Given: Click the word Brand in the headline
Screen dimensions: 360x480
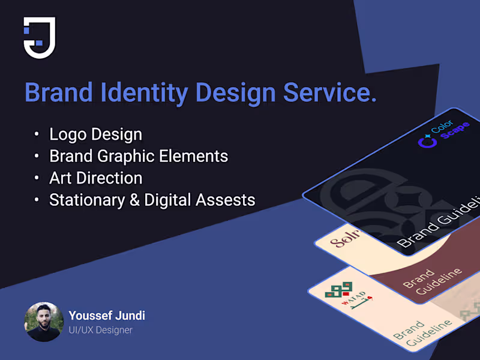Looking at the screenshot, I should [x=58, y=93].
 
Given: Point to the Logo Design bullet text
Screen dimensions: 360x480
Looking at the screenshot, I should [x=95, y=134].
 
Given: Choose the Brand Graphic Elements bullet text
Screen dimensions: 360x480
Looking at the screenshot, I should [x=139, y=157].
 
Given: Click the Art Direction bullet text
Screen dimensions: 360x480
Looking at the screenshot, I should [x=95, y=178].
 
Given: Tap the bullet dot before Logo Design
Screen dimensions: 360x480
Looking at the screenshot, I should [x=38, y=135].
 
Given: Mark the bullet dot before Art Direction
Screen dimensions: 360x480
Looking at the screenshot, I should [x=38, y=179].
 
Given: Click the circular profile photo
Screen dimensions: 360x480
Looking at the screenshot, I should [x=44, y=322].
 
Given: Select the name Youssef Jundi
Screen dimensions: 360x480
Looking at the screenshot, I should [x=107, y=316].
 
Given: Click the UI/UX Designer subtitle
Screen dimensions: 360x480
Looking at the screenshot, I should [x=100, y=330].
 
